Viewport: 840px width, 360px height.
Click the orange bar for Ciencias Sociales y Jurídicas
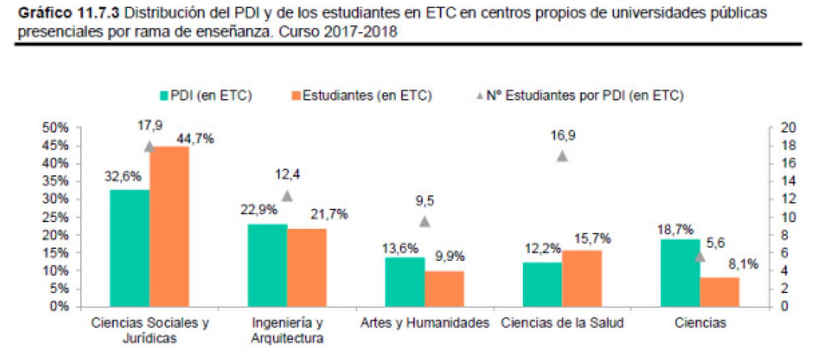(x=169, y=227)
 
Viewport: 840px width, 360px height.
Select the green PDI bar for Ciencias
(x=680, y=273)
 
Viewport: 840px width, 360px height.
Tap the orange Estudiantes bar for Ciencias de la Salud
(x=582, y=278)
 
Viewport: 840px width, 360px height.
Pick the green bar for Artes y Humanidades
(x=405, y=282)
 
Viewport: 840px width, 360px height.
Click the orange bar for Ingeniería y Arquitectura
(x=307, y=267)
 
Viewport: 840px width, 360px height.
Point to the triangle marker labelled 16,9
(x=562, y=157)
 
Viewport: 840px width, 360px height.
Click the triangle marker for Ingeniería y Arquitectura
(x=287, y=196)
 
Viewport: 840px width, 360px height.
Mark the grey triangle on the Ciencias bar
(x=700, y=257)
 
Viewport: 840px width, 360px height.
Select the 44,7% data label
(x=195, y=139)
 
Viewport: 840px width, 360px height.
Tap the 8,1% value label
(x=743, y=265)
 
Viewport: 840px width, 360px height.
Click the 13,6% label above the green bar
(x=400, y=249)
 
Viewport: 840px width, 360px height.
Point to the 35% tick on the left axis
(x=55, y=181)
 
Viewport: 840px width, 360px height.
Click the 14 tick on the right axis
(x=788, y=181)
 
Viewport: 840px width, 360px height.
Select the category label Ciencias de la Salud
(x=562, y=323)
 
